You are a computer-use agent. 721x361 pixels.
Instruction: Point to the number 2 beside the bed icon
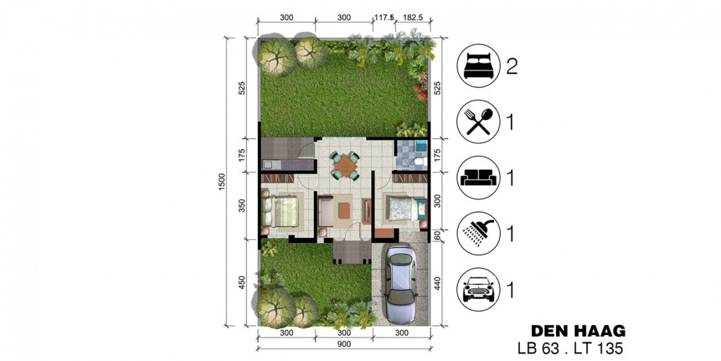(512, 66)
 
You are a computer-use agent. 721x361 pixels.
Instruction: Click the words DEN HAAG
(578, 331)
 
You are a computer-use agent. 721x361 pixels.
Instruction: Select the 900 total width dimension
(344, 344)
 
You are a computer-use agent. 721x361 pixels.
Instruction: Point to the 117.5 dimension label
(384, 18)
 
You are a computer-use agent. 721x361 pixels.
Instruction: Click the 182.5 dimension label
(412, 18)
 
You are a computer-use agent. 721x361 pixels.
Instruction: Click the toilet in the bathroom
(419, 161)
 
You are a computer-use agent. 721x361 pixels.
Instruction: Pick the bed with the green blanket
(280, 212)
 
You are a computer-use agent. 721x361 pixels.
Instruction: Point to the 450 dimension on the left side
(242, 282)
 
